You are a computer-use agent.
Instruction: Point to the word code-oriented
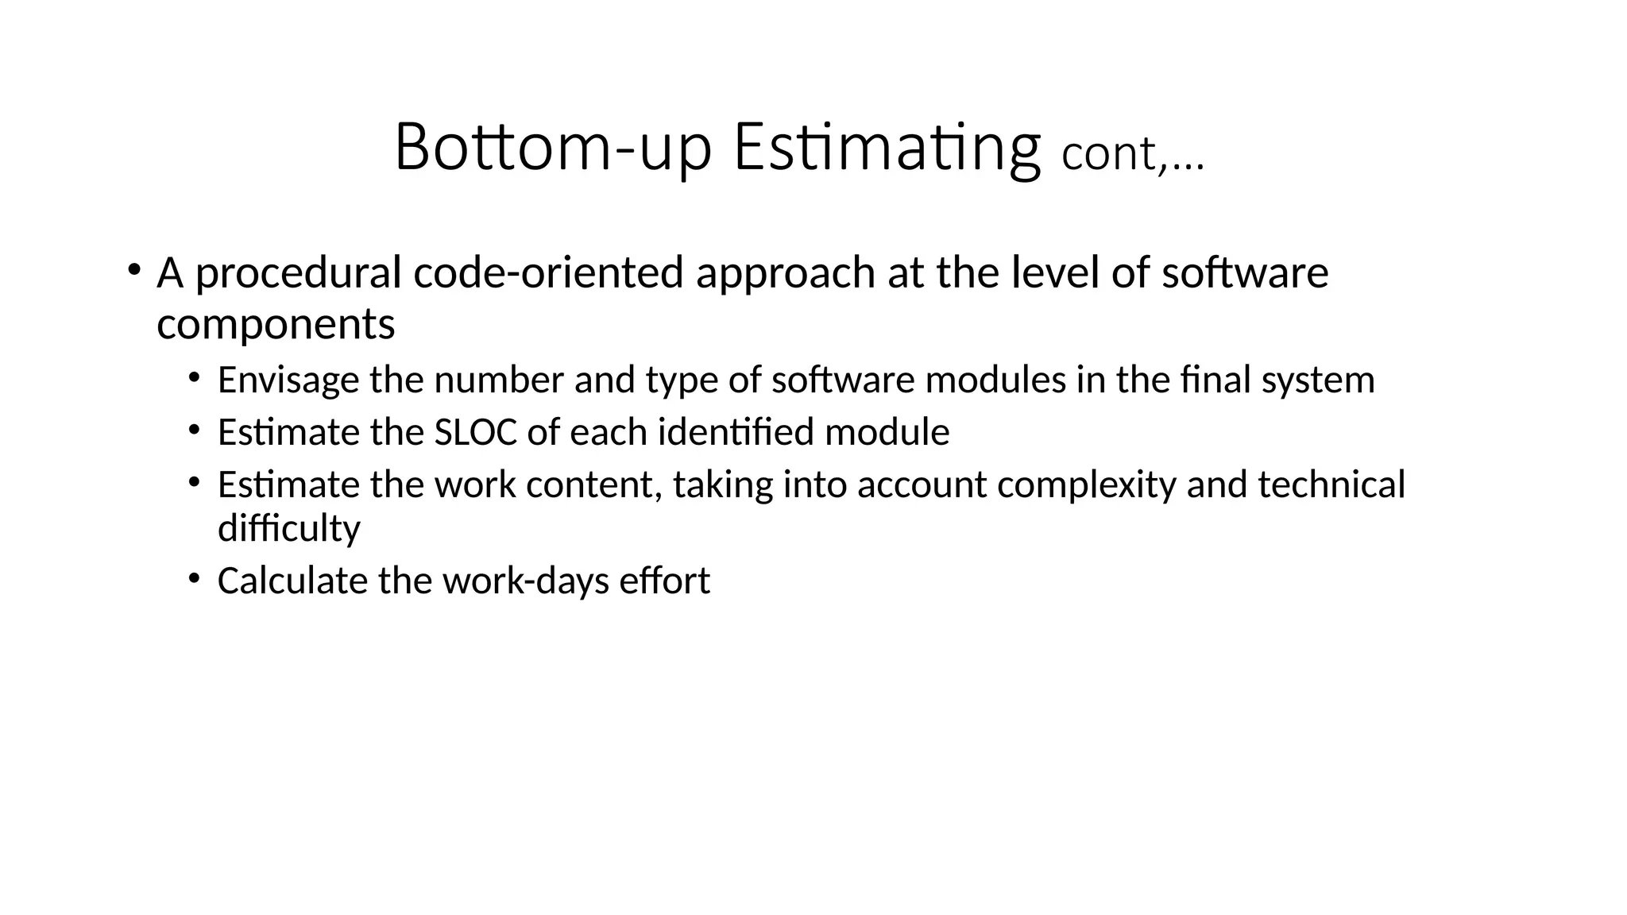tap(548, 272)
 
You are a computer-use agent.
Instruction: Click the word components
tap(276, 325)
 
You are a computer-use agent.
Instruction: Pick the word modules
tap(996, 380)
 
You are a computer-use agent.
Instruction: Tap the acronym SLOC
tap(475, 433)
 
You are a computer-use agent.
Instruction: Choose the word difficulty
tap(288, 529)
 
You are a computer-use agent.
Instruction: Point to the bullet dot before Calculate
tap(194, 577)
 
